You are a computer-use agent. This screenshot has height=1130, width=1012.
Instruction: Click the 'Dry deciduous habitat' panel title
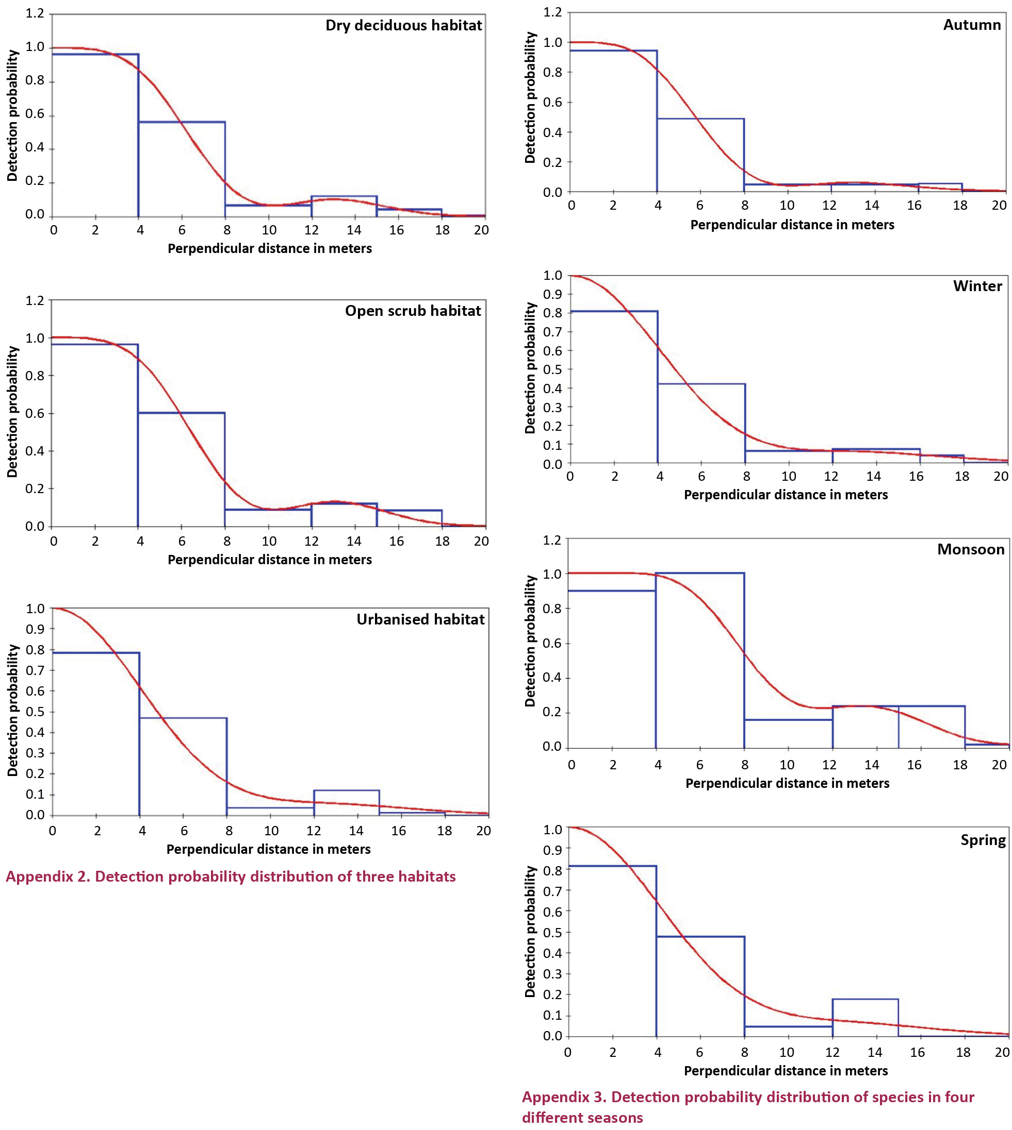(404, 26)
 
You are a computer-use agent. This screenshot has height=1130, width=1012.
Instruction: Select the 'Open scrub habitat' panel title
(413, 311)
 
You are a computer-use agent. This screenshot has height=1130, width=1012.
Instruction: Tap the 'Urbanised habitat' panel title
(420, 619)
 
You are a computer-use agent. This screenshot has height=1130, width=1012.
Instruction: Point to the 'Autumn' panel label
(972, 25)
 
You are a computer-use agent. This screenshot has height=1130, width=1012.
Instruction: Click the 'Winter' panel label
(977, 286)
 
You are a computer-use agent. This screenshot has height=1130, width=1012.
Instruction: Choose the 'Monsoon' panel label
(971, 549)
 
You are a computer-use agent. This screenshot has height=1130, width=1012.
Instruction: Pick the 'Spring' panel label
(983, 840)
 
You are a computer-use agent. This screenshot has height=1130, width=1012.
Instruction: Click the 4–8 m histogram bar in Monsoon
(699, 661)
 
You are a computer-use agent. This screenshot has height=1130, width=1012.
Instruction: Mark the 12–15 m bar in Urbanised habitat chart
(347, 803)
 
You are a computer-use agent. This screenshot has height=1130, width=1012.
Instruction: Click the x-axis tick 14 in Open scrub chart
(354, 541)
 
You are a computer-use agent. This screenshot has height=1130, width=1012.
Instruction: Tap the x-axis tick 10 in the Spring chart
(786, 1052)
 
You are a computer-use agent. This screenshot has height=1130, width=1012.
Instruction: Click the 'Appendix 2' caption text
(231, 876)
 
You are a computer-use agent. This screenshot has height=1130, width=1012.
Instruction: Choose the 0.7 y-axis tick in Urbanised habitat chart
(35, 670)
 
